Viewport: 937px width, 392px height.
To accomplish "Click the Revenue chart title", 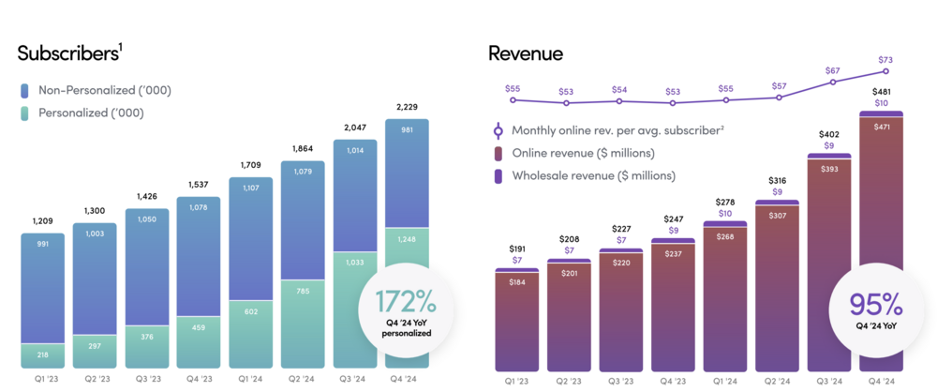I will coord(526,53).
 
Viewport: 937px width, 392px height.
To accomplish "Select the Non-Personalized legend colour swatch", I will coord(25,91).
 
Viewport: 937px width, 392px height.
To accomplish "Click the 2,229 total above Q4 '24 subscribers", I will coord(407,107).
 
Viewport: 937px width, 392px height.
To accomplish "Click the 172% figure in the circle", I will coord(406,301).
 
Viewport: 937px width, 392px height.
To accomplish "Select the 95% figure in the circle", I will coord(875,303).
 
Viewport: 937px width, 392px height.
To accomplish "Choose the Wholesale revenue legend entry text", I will coord(593,175).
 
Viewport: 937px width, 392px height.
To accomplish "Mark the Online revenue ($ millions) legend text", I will coord(583,153).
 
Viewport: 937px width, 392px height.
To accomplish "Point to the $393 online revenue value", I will coord(830,170).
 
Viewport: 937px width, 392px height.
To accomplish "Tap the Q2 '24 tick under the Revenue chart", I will coord(777,381).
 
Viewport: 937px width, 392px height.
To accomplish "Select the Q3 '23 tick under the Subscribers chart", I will coord(148,380).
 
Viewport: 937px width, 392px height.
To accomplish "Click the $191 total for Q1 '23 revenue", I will coord(517,249).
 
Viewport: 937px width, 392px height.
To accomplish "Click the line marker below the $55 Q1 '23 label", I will coord(513,100).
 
